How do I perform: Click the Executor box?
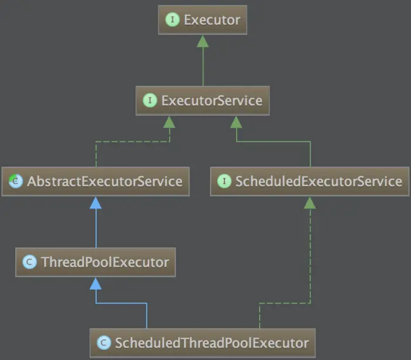[203, 20]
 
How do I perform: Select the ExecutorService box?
[203, 100]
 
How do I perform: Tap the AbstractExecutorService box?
[96, 181]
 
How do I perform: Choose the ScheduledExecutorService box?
[310, 181]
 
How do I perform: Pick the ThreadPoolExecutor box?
[96, 262]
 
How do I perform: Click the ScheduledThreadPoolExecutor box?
[203, 342]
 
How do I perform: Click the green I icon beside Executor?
[172, 20]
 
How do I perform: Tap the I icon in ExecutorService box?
[150, 100]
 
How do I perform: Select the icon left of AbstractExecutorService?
[15, 181]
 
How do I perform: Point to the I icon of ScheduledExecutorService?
[224, 181]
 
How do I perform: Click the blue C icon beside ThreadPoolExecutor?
[29, 262]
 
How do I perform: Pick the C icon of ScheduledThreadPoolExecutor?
[104, 342]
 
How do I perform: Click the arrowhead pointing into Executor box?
[203, 41]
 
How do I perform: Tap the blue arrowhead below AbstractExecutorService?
[96, 203]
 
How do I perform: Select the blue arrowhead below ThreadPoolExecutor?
[96, 283]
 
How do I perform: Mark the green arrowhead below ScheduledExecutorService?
[310, 203]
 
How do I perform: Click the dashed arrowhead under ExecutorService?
[169, 122]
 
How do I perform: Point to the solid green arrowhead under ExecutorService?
[237, 122]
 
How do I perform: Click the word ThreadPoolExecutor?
[105, 262]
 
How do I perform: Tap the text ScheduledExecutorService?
[318, 181]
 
